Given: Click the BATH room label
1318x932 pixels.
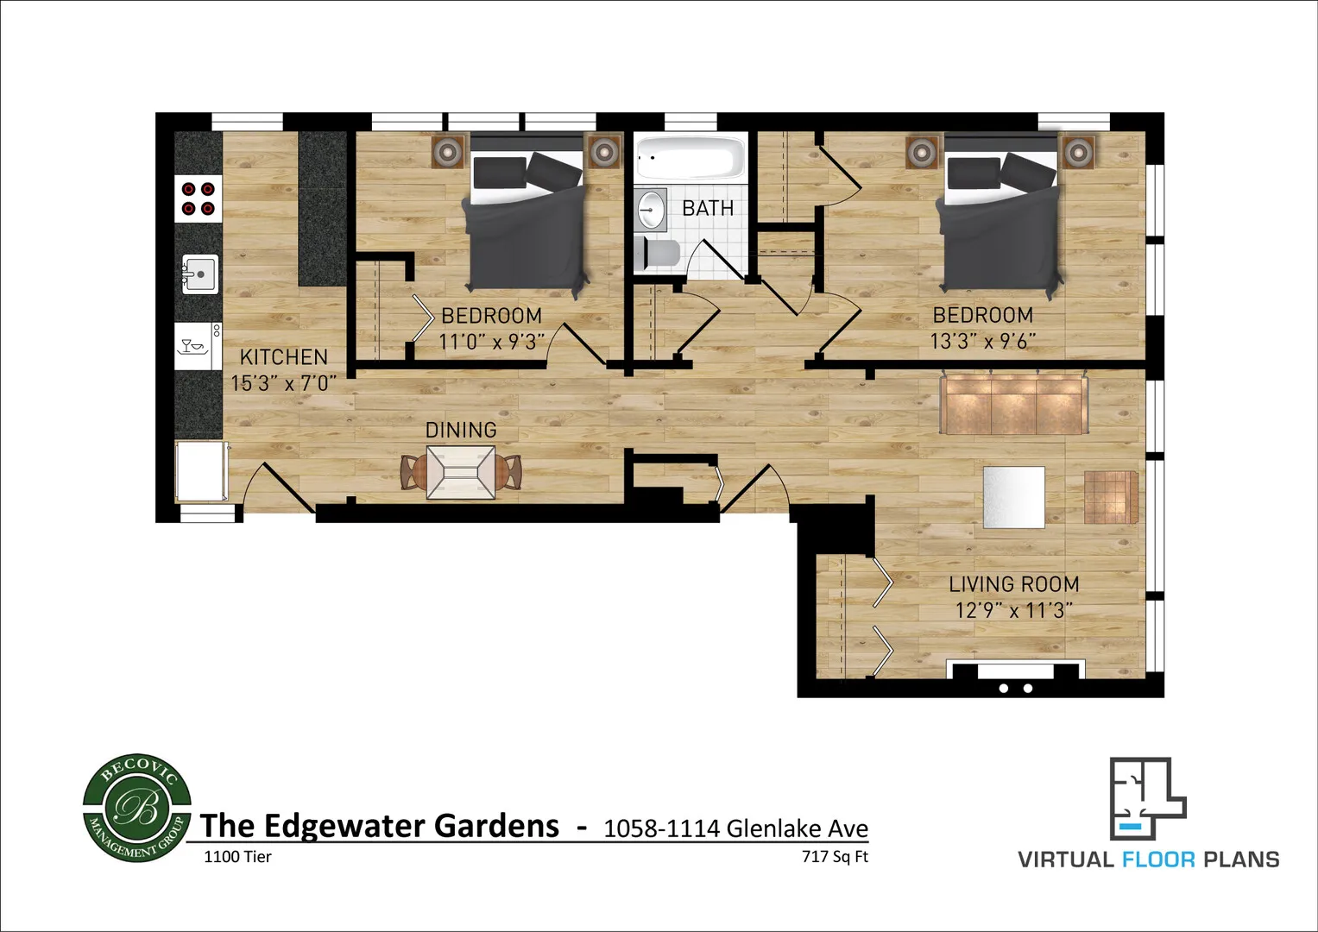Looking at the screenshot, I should coord(707,208).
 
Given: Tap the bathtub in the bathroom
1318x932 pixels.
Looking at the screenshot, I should coord(690,159).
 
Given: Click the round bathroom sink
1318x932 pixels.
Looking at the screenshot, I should coord(651,210).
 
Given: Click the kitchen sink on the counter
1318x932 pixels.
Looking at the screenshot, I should coord(200,274).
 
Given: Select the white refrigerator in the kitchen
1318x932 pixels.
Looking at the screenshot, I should coord(201,471).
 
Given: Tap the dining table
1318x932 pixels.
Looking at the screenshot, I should coord(461,472).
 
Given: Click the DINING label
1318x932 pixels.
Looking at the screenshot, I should coord(461,430).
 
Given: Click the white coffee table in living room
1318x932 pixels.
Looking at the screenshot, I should coord(1014,497).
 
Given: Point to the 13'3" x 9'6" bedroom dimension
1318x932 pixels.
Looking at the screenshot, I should coord(982,341).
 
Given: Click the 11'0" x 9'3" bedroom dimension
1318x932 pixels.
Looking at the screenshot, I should coord(491,342).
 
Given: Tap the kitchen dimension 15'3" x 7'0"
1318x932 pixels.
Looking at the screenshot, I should coord(283,383).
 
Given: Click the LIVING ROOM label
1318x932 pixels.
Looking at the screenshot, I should coord(1013,584).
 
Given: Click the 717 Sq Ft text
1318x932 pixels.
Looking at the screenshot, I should coord(835,857).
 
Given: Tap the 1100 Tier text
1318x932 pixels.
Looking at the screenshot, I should coord(237,857).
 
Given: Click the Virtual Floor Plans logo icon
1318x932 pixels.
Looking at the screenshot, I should coord(1147,798).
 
